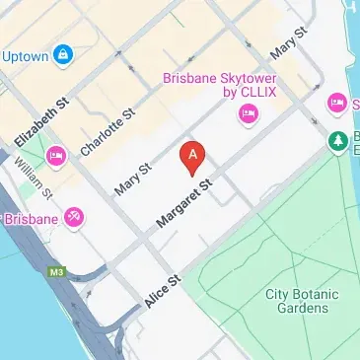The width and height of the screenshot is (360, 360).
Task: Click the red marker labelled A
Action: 192,156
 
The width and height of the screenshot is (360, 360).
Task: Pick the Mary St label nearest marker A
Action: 132,178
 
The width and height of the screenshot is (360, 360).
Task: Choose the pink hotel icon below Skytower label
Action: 247,117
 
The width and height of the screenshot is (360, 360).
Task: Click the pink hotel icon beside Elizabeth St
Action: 55,155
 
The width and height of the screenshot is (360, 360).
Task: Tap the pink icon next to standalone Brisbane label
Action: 73,217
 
